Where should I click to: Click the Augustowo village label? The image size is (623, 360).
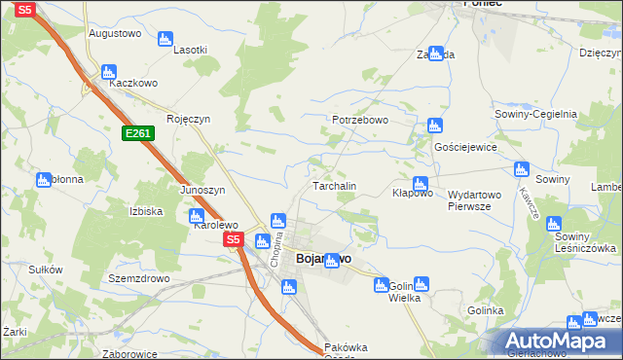click(x=115, y=33)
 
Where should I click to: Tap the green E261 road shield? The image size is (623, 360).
click(x=137, y=133)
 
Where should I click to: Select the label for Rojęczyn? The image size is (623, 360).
click(x=188, y=119)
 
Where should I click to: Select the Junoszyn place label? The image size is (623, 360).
click(x=202, y=190)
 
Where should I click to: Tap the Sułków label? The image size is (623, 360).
click(x=46, y=270)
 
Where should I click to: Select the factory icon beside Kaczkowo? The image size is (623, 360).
click(x=108, y=72)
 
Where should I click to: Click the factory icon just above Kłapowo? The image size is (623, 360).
click(x=420, y=183)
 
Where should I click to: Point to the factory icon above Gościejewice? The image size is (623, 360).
click(x=434, y=126)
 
